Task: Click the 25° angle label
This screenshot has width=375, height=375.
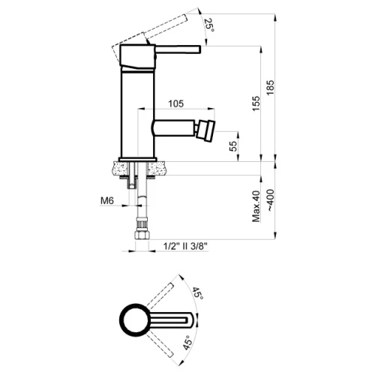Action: tap(209, 25)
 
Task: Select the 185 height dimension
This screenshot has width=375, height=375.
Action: tap(271, 88)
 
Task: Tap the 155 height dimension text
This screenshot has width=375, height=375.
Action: tap(256, 103)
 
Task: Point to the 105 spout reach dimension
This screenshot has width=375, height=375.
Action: tap(176, 103)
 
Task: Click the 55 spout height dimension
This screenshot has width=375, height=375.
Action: tap(232, 146)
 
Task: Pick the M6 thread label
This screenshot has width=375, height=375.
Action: tap(107, 200)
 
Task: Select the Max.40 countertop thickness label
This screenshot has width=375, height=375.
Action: tap(256, 206)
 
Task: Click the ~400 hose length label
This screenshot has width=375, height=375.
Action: tap(271, 200)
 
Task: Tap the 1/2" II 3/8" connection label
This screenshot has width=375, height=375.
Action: tap(185, 247)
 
